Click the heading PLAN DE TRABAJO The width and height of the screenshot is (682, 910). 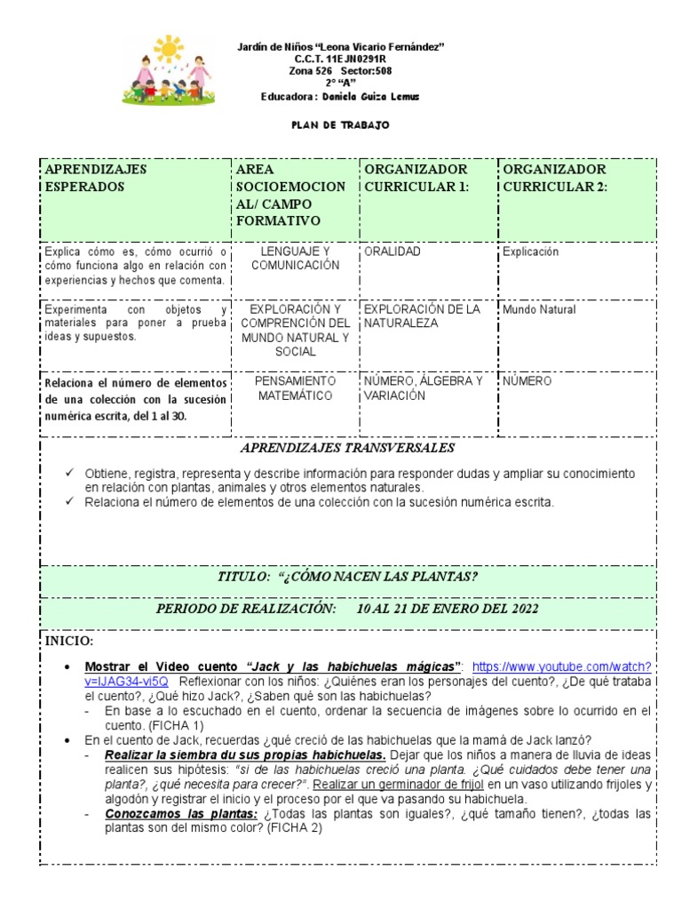click(x=341, y=125)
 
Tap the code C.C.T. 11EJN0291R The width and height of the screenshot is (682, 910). click(x=341, y=59)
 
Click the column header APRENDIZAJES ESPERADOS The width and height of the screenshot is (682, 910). click(x=96, y=178)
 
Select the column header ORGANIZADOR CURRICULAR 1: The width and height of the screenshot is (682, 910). click(x=416, y=178)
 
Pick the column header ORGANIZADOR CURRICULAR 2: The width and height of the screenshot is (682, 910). click(x=554, y=178)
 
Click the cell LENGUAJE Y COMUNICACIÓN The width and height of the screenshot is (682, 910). click(x=295, y=259)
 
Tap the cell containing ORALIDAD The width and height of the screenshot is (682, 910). click(x=392, y=251)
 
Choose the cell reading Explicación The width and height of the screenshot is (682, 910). click(x=530, y=251)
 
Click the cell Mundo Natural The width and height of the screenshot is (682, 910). click(x=539, y=310)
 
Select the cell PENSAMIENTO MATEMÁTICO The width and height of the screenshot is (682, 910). click(x=295, y=387)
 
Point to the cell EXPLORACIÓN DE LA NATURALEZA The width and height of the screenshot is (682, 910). click(x=423, y=316)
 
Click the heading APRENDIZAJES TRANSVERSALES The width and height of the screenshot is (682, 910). click(x=347, y=448)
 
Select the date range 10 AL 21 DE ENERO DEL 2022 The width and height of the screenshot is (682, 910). click(x=447, y=609)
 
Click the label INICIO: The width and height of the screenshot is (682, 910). click(x=68, y=641)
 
